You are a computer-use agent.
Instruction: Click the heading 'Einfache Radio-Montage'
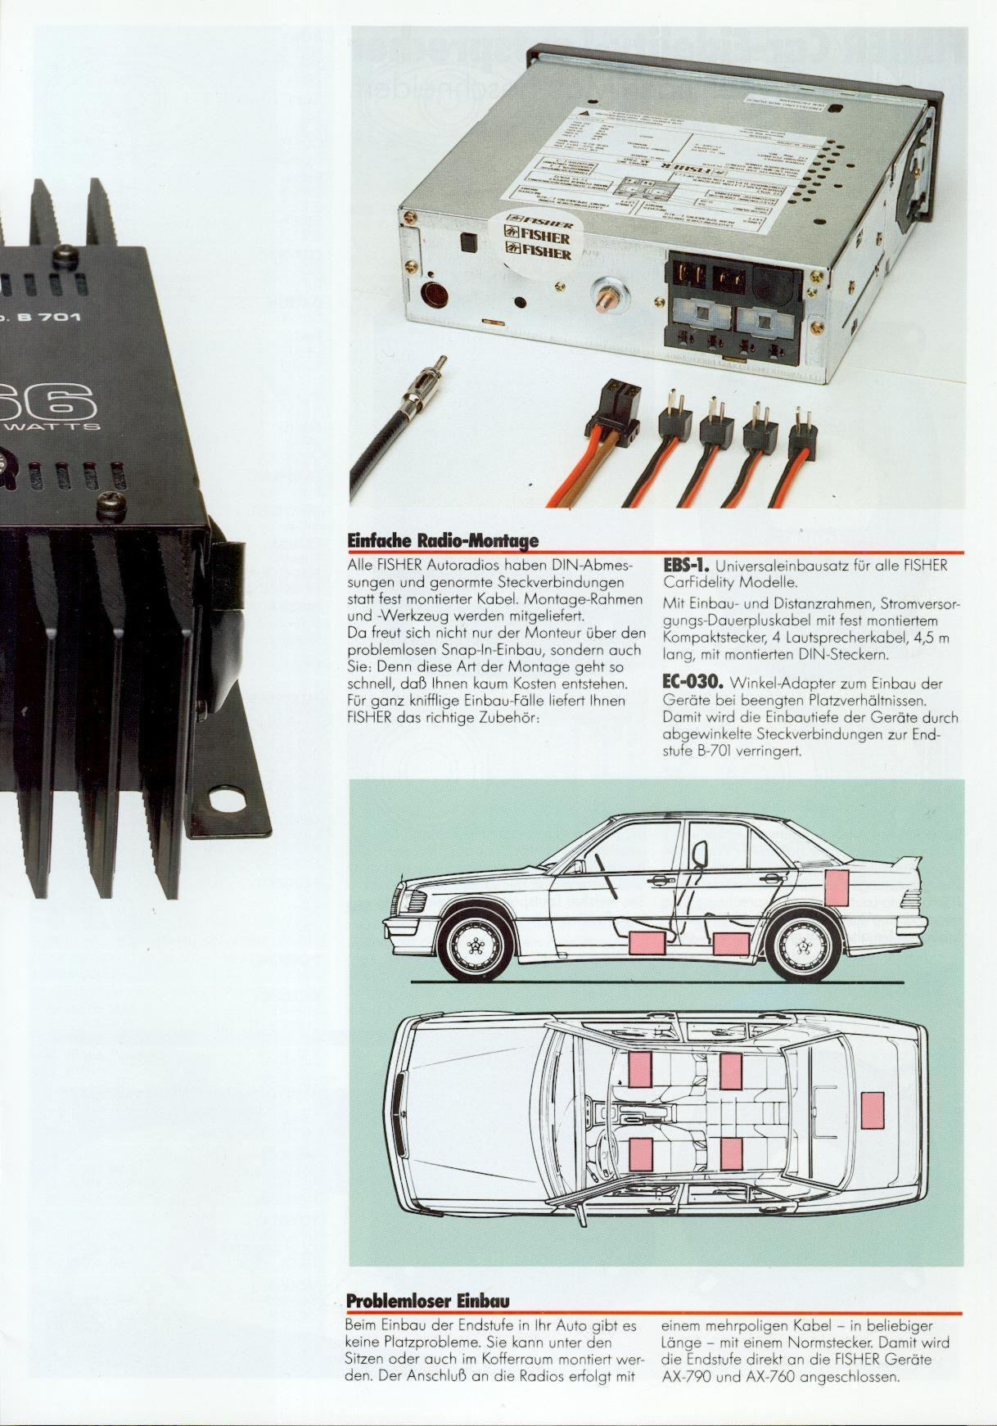click(x=443, y=541)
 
